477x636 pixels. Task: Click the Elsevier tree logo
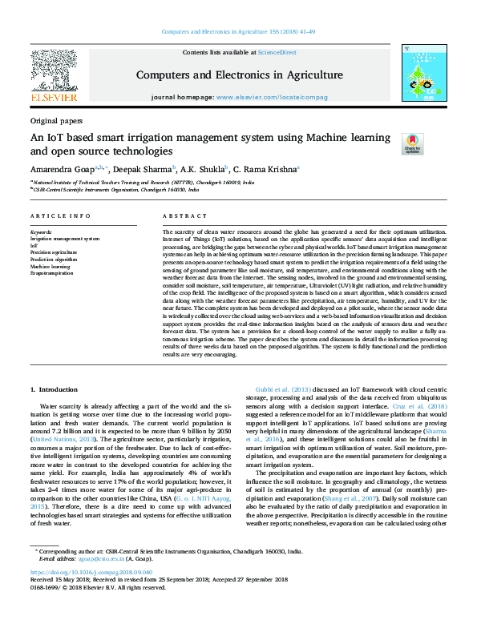tap(53, 71)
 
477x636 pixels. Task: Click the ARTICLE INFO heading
tap(60, 216)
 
